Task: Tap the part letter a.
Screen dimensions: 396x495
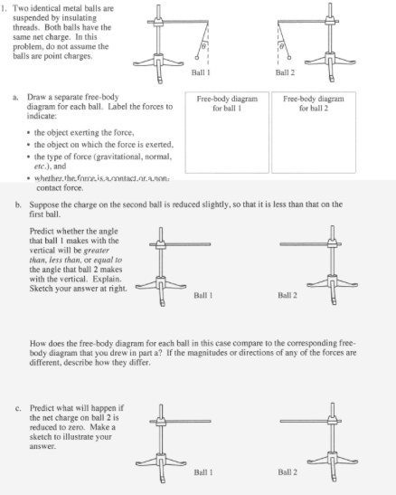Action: point(16,95)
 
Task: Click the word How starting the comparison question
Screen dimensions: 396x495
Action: point(37,345)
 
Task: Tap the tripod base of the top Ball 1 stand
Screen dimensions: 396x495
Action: point(159,59)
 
